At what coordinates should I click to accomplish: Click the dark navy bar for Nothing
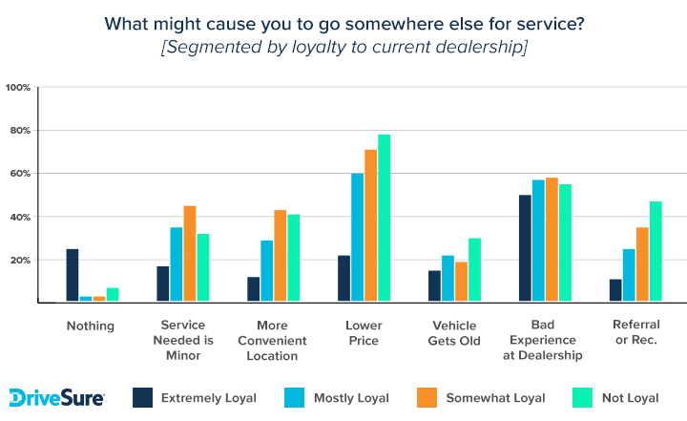(73, 275)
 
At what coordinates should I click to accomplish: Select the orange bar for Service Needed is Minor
(190, 254)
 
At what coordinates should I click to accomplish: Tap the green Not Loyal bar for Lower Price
(385, 218)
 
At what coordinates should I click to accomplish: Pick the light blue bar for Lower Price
(358, 238)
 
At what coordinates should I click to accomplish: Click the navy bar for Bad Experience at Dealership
(525, 248)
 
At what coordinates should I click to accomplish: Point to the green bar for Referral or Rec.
(656, 251)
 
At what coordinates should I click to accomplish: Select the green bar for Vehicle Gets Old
(474, 270)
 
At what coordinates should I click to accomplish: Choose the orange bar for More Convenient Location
(281, 256)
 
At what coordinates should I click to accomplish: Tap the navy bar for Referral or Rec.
(615, 290)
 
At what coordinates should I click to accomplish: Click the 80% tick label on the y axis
(21, 131)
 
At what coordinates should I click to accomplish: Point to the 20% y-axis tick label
(21, 260)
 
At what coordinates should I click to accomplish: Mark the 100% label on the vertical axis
(18, 88)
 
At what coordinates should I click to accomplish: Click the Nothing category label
(91, 326)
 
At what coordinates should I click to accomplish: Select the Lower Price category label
(364, 333)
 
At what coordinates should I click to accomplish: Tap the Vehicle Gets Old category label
(454, 333)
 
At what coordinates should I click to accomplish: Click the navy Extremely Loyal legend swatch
(143, 397)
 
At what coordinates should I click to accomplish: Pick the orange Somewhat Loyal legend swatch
(427, 397)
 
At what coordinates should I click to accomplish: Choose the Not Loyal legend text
(631, 398)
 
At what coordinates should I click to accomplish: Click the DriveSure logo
(56, 398)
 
